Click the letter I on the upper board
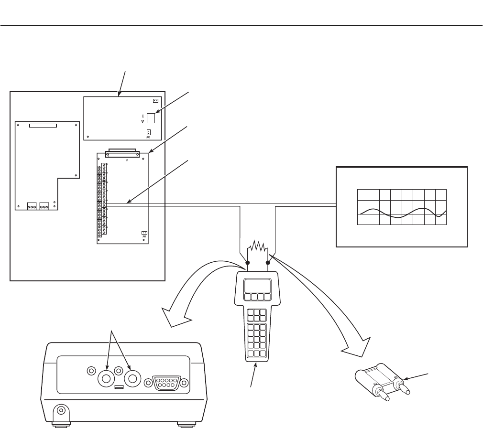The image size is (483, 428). click(x=143, y=115)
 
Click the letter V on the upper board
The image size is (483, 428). click(x=143, y=122)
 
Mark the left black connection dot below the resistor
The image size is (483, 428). click(x=247, y=262)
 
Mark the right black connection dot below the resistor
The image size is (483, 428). click(x=268, y=262)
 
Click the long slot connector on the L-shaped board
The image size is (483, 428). click(x=43, y=126)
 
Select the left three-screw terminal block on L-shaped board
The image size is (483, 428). click(x=32, y=206)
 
